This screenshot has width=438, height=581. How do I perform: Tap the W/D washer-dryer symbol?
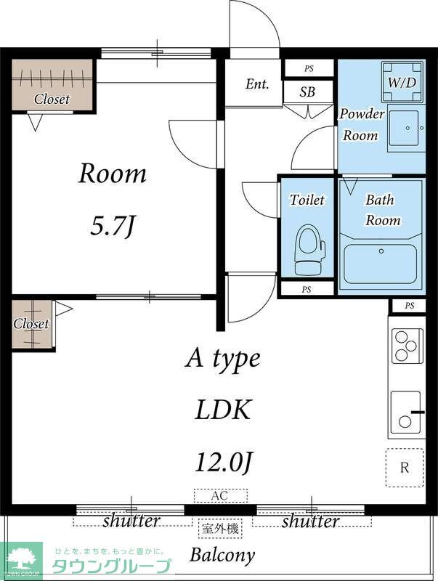point(402,81)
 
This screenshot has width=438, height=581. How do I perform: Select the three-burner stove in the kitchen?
point(407,346)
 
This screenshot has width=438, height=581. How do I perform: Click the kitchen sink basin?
point(406,413)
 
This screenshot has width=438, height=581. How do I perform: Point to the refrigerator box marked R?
point(405,467)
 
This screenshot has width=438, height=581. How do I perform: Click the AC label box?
point(221,495)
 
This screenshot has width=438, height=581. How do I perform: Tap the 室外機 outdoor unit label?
point(221,529)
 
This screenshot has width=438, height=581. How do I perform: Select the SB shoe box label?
point(307,92)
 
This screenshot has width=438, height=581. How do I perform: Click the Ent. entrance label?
point(257,84)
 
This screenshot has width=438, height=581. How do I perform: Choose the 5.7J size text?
point(112,226)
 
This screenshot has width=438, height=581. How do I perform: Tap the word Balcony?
point(223,555)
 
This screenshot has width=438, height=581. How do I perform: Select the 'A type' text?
point(222,359)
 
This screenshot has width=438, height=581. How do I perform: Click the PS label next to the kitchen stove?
point(410,306)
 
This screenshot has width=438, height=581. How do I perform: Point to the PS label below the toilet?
point(307,289)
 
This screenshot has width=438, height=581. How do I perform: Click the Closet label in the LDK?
point(31,324)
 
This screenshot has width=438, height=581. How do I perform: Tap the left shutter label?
point(131,521)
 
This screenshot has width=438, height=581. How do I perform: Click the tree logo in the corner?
point(21,559)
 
